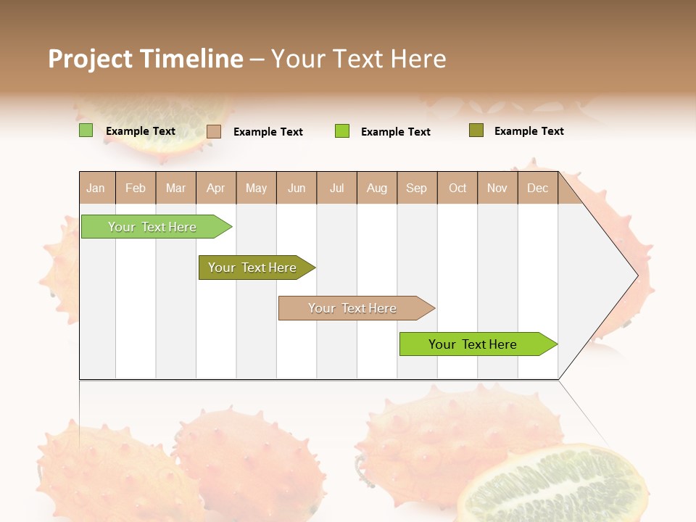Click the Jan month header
point(96,188)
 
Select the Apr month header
point(216,188)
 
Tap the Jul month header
point(336,188)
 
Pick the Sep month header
point(416,188)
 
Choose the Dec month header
point(537,188)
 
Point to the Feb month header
point(136,188)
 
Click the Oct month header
point(457,188)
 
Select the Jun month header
point(297,188)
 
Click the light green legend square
point(86,130)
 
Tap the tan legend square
point(214,131)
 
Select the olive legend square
point(476,130)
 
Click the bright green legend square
point(342,131)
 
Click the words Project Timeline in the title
point(146,59)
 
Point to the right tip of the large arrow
point(637,275)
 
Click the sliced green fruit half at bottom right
point(555,486)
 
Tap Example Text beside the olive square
point(529,131)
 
